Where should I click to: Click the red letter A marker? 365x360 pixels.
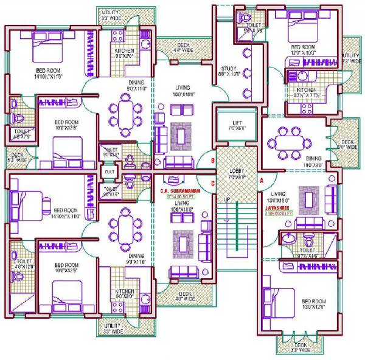260,181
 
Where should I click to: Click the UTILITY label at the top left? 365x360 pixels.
110,12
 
